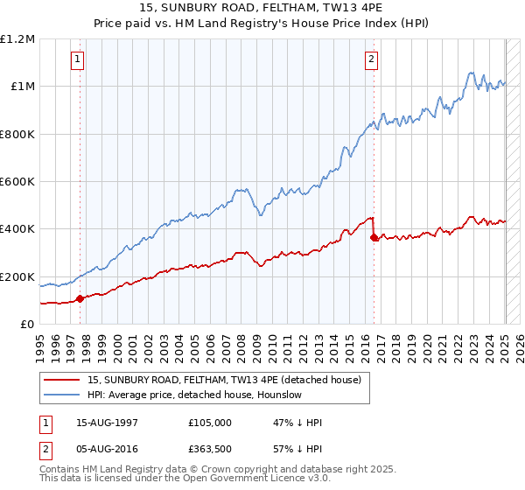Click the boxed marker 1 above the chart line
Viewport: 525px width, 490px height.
(x=79, y=59)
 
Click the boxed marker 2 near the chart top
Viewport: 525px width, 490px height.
(x=372, y=59)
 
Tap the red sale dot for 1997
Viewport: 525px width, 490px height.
(x=80, y=298)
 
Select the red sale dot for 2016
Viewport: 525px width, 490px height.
(x=374, y=237)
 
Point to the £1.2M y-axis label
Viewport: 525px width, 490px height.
(x=17, y=39)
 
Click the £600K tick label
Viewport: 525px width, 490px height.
(x=17, y=182)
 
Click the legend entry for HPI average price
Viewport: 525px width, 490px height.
(x=194, y=395)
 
